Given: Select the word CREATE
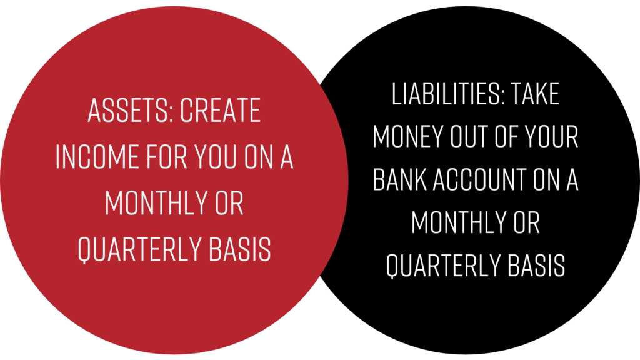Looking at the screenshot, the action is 221,110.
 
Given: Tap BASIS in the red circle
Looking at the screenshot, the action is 240,249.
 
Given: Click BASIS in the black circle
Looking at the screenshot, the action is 537,265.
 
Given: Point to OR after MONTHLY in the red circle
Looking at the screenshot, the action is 229,203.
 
